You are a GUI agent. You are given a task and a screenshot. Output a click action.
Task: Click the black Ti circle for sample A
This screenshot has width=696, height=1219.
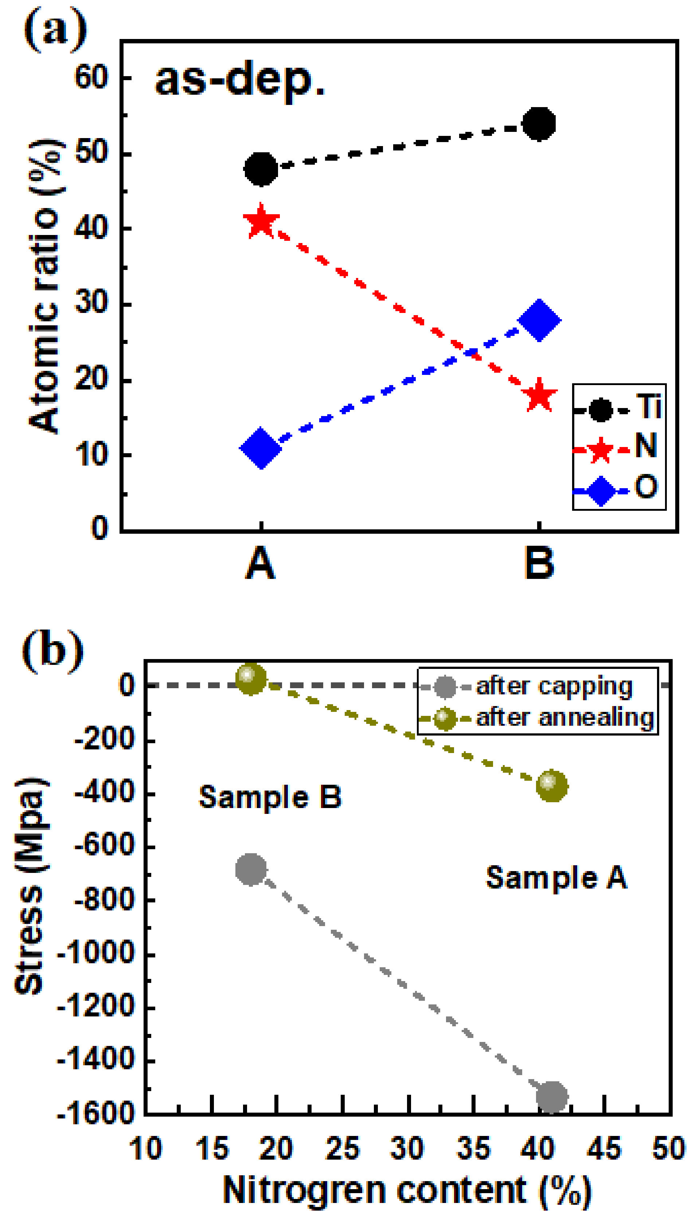[261, 169]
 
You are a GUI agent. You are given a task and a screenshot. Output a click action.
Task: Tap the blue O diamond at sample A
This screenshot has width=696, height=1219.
[261, 448]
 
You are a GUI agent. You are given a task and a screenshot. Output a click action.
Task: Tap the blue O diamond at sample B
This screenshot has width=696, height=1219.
[539, 321]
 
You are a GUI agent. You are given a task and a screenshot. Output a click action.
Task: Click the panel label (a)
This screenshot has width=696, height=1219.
[55, 30]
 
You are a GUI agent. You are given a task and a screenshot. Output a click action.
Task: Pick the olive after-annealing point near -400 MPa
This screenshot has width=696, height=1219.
[552, 785]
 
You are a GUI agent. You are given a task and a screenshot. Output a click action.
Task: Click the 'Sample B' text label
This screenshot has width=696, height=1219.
[270, 797]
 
